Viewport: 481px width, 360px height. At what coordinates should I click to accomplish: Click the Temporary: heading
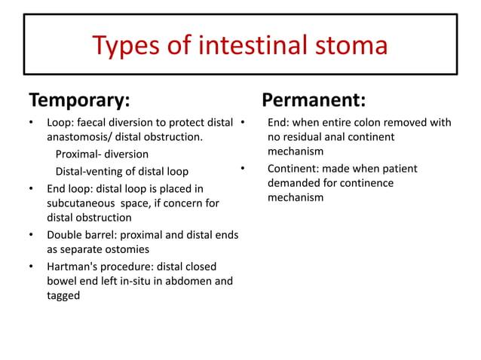click(x=78, y=100)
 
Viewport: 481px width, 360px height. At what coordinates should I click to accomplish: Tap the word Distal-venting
click(x=92, y=171)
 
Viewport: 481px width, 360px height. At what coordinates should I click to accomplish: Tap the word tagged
click(x=64, y=297)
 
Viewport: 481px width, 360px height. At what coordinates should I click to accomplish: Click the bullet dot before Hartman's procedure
click(x=31, y=267)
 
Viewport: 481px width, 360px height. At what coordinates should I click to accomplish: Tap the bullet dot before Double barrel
click(x=31, y=235)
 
